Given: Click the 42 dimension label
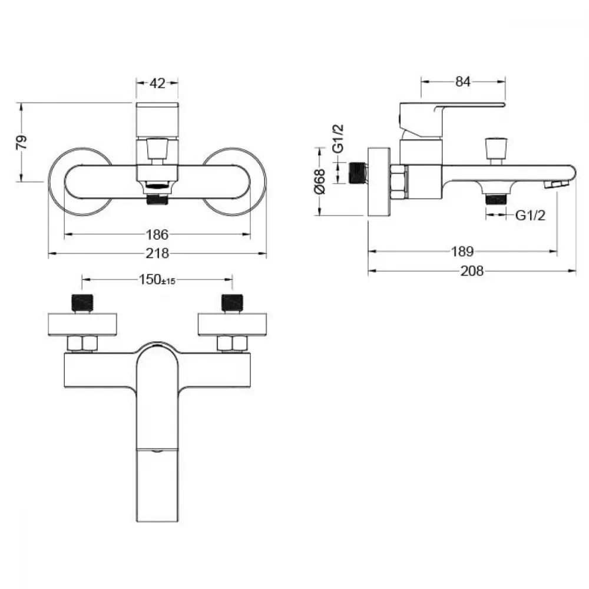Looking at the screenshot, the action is point(157,83).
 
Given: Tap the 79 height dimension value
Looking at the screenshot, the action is point(22,141).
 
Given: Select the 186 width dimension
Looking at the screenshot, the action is point(157,235).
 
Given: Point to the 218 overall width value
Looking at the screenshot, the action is point(157,253).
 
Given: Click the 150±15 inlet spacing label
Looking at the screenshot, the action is point(157,279).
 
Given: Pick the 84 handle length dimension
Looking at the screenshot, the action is point(463,81).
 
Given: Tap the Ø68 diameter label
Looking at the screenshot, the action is point(320,181).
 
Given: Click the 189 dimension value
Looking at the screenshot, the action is point(462,252).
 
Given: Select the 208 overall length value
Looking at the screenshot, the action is point(472,271).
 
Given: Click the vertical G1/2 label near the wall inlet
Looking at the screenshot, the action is point(338,138).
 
